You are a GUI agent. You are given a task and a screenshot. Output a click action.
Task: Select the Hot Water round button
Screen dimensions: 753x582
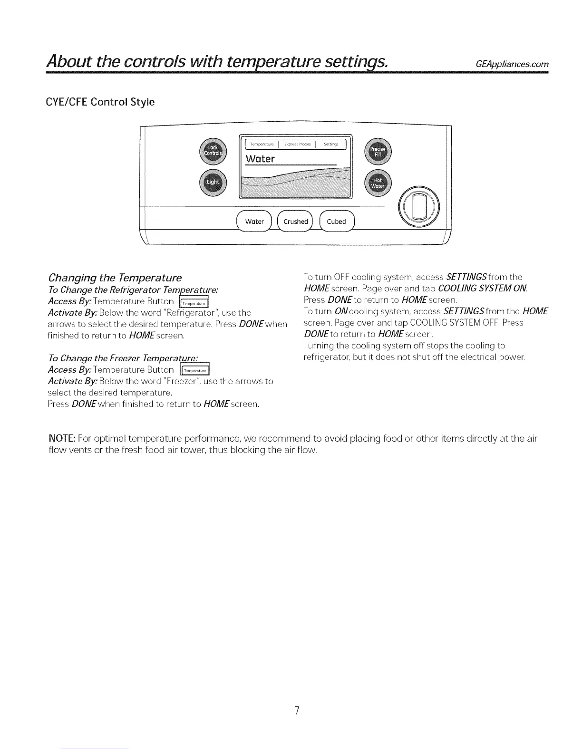[x=378, y=183]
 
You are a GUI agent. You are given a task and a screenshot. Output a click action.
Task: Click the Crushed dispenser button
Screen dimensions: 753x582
[x=295, y=222]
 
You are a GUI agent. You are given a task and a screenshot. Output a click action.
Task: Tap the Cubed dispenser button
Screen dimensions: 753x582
[x=337, y=222]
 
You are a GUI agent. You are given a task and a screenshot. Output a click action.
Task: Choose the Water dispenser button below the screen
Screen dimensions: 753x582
[x=254, y=222]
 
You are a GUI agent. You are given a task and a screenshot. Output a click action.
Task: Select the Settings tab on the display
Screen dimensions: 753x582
[x=331, y=144]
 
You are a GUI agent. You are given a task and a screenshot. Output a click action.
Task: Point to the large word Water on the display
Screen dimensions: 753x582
[x=260, y=159]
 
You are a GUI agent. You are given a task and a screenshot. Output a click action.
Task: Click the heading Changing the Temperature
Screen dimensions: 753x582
[x=115, y=277]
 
